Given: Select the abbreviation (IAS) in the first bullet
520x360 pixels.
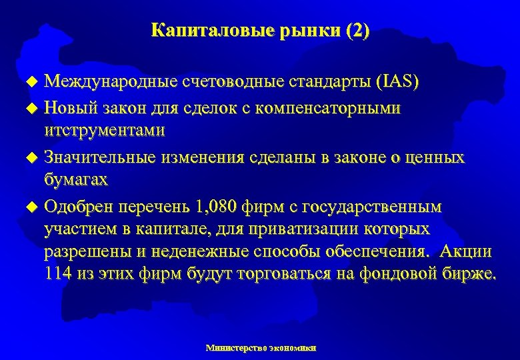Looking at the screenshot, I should pos(397,82).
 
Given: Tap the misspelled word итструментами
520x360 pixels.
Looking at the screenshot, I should pos(104,129).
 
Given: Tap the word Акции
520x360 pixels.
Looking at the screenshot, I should pos(462,251).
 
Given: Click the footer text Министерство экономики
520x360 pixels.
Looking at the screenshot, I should pos(261,348).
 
